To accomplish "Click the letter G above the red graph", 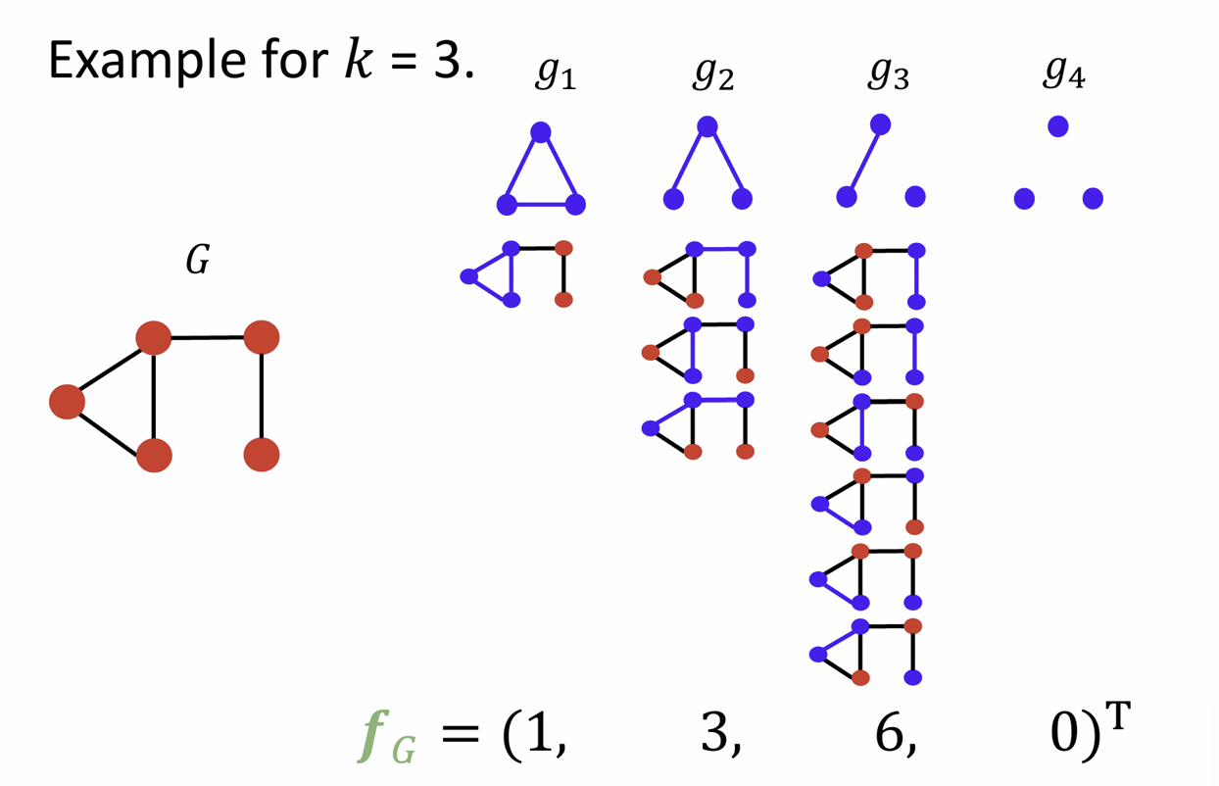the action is click(198, 263).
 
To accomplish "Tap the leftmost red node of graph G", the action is click(68, 402).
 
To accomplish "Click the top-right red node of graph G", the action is click(262, 338).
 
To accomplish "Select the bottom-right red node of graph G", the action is click(262, 455).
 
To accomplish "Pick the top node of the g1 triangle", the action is click(540, 132).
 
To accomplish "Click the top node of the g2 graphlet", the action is click(707, 126).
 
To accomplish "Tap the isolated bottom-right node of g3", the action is click(915, 197).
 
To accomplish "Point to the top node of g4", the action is click(1057, 126).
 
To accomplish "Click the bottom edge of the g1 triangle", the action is click(541, 205).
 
